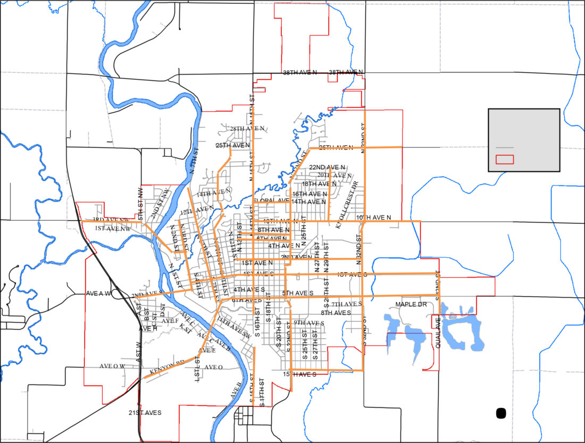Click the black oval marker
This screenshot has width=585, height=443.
500,413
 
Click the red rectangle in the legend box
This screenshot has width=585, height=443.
505,159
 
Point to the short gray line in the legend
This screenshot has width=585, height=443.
505,147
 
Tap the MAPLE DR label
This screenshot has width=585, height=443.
411,305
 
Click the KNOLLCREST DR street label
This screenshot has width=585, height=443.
348,204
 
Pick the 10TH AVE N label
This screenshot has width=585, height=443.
373,218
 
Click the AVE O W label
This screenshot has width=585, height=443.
112,366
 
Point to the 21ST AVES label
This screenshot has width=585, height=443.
145,412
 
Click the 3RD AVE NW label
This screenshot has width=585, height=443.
111,220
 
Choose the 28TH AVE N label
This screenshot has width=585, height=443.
247,129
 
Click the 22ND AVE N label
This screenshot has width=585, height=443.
327,167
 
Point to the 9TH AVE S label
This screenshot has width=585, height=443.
308,323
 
